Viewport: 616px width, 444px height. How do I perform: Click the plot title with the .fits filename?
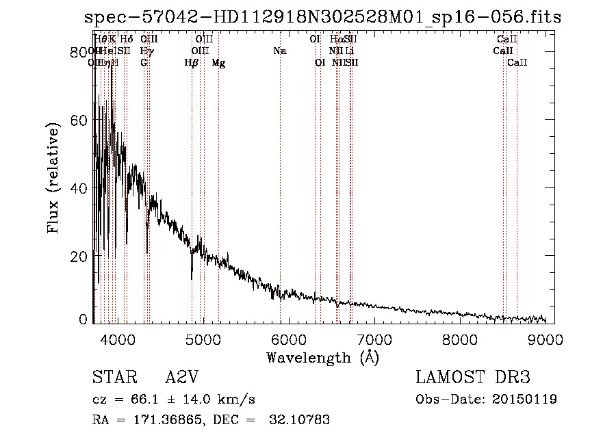[322, 17]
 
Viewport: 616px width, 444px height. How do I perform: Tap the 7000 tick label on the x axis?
[374, 339]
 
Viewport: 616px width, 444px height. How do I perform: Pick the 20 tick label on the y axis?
[81, 256]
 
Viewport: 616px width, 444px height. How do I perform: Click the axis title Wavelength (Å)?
[322, 357]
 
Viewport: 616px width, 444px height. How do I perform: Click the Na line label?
[279, 51]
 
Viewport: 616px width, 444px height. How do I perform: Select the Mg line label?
[218, 63]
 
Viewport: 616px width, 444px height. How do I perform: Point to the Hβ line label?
[192, 63]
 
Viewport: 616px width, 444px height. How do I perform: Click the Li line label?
[350, 51]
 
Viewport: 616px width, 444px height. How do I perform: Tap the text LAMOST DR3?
[473, 378]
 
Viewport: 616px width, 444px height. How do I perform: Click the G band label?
[144, 63]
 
